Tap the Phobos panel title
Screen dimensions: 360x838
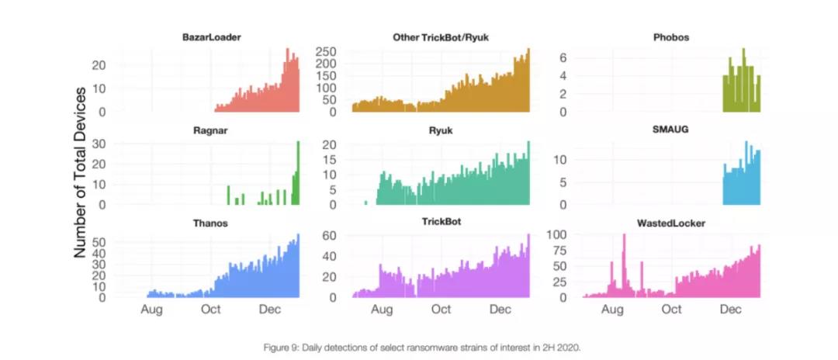(x=671, y=37)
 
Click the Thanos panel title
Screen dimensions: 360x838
(x=210, y=223)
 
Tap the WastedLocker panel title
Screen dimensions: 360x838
(x=670, y=223)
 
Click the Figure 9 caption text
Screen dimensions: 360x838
(x=419, y=347)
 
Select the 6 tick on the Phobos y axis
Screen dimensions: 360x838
(x=564, y=58)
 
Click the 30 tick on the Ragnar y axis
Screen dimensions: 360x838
(x=99, y=144)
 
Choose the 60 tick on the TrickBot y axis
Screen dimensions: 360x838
(x=330, y=236)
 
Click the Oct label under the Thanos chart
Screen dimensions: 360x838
(x=210, y=310)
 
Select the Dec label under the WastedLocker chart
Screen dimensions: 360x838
(x=730, y=310)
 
